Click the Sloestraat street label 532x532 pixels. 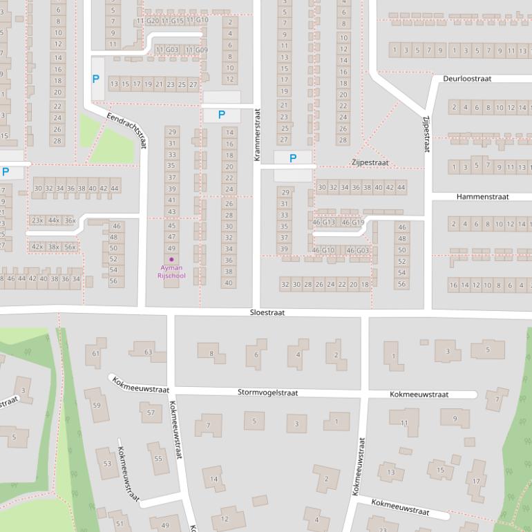click(x=267, y=313)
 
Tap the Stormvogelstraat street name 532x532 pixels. click(x=267, y=392)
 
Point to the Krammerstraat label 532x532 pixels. click(x=256, y=135)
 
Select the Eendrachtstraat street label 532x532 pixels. click(x=128, y=131)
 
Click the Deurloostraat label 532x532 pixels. click(x=467, y=79)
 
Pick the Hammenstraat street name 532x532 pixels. click(x=482, y=197)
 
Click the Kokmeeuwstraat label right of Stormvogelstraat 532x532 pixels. click(x=419, y=395)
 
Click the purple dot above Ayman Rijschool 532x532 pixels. click(x=171, y=259)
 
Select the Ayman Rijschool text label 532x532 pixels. click(x=171, y=271)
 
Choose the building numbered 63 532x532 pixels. click(x=148, y=352)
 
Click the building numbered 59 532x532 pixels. click(x=96, y=405)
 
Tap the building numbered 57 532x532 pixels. click(x=151, y=412)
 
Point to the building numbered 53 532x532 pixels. click(x=106, y=464)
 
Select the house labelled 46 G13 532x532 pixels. click(x=323, y=222)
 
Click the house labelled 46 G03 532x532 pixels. click(x=357, y=250)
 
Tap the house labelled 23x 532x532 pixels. click(x=37, y=220)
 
